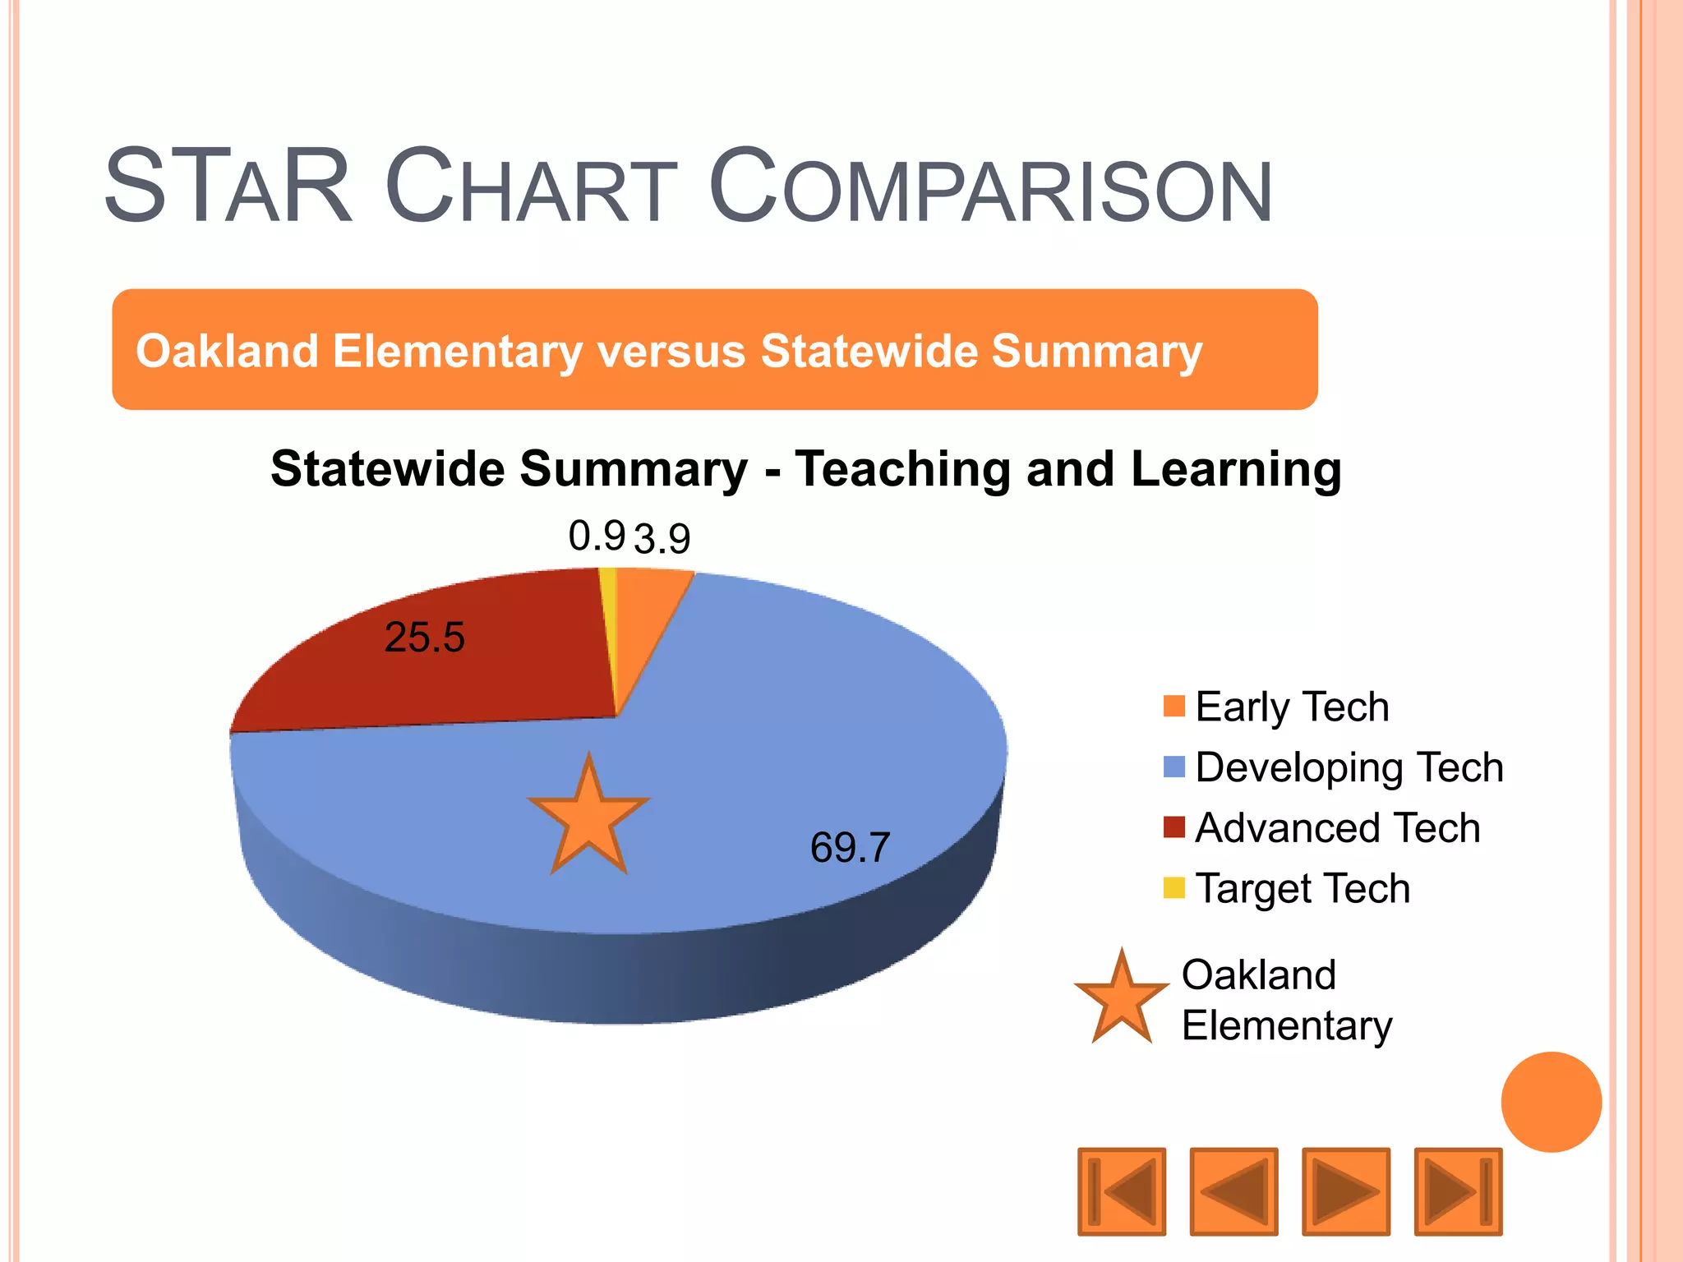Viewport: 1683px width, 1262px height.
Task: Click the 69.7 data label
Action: pos(850,848)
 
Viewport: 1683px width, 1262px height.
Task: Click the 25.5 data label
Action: pos(424,638)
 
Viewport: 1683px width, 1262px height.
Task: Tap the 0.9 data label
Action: pos(597,537)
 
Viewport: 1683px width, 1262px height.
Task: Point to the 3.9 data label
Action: pos(662,540)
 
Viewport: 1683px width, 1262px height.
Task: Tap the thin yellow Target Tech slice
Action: pos(609,608)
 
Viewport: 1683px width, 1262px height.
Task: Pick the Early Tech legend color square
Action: pos(1174,707)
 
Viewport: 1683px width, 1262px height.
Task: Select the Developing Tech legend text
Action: pos(1349,767)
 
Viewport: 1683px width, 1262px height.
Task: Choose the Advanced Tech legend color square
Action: pos(1174,827)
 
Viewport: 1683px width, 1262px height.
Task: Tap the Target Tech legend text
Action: pos(1303,888)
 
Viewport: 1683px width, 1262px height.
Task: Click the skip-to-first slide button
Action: pos(1122,1191)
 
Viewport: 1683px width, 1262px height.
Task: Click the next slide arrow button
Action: pos(1346,1191)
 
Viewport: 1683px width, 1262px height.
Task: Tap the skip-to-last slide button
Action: pos(1458,1191)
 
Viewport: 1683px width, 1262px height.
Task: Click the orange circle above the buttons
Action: pos(1551,1102)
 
